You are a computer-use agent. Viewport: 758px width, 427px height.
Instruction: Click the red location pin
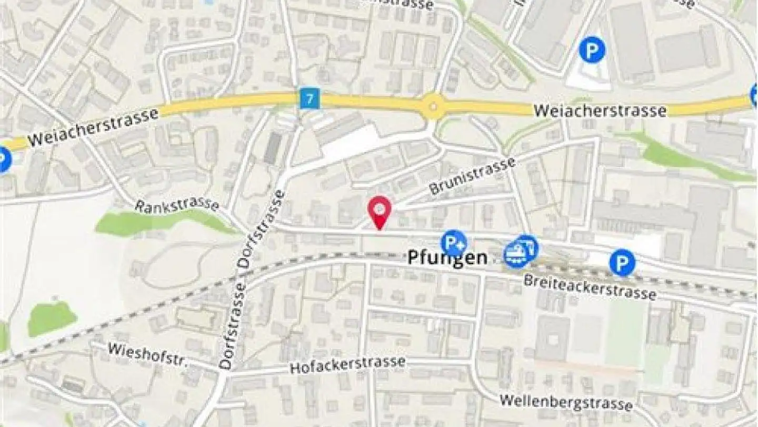point(379,209)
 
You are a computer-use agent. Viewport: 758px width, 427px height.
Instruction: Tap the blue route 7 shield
point(310,99)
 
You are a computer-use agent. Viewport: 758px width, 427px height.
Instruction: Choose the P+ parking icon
point(453,243)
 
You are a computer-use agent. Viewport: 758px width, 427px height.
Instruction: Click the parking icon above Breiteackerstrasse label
point(622,263)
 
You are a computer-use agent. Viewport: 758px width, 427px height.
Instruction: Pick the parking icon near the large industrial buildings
point(592,50)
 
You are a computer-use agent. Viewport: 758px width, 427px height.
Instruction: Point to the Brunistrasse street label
point(472,176)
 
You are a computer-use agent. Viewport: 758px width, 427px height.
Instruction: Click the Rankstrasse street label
point(176,205)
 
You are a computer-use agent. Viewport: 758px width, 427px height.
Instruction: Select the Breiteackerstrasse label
point(590,287)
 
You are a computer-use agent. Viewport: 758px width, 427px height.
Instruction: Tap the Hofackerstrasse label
point(347,364)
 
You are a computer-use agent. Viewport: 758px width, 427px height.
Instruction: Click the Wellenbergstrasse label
point(566,402)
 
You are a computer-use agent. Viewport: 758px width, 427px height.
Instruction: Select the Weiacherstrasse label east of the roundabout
point(600,111)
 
